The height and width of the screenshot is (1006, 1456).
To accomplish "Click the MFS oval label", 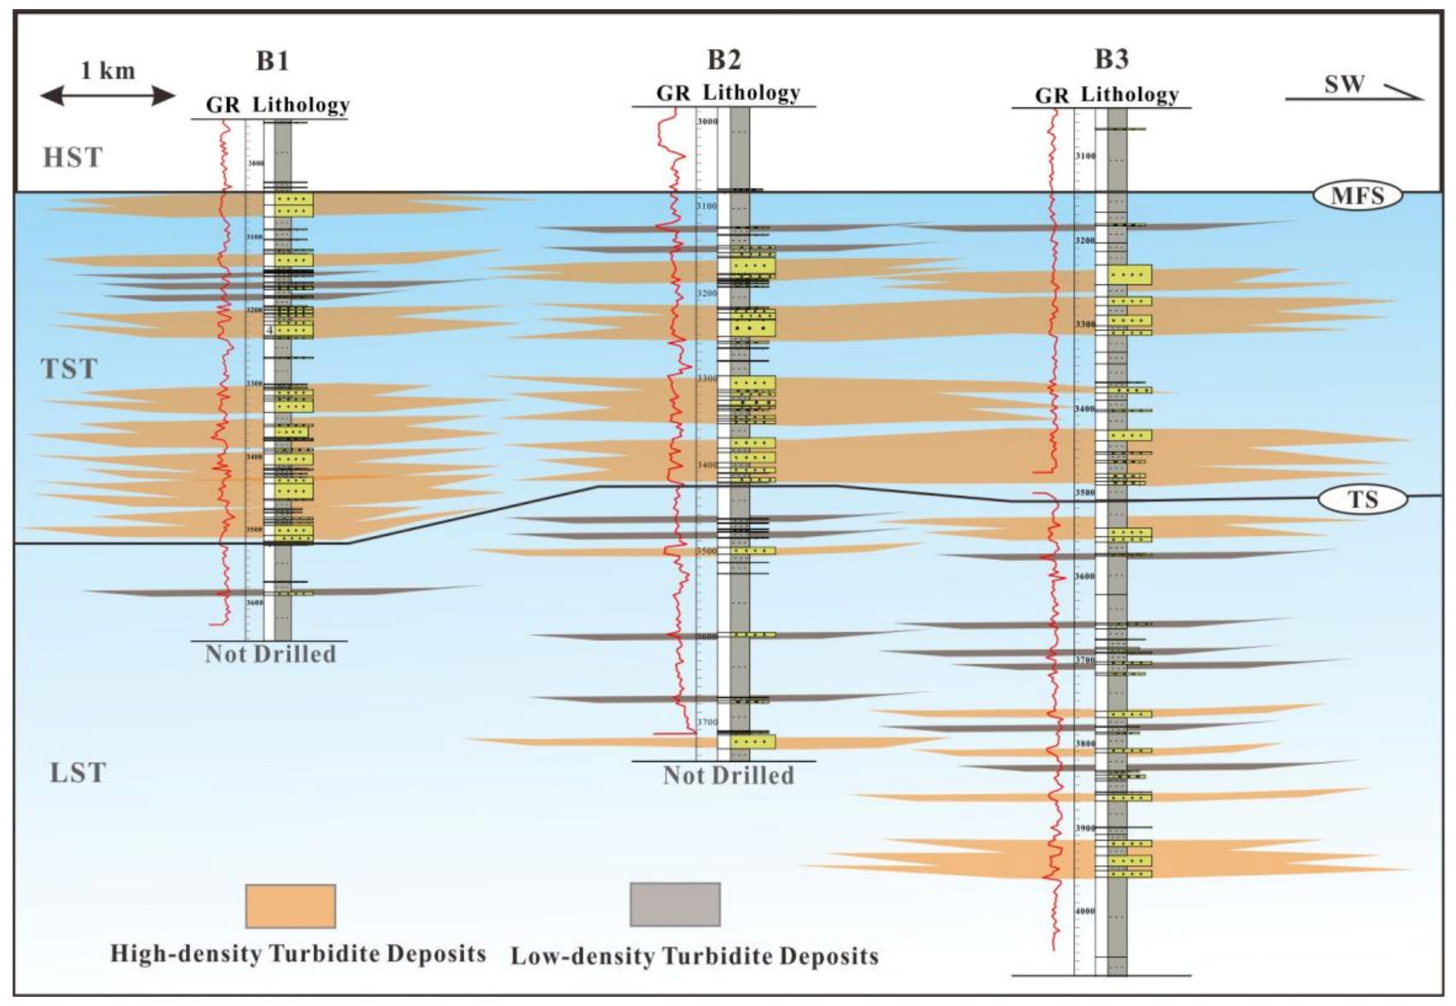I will [1357, 195].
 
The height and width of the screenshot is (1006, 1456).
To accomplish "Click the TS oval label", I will [1362, 499].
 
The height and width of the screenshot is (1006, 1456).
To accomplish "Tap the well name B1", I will [272, 61].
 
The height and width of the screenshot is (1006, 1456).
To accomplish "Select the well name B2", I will [724, 59].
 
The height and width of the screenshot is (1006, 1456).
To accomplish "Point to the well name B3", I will [1111, 59].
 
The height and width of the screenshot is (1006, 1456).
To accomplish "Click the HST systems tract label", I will [73, 157].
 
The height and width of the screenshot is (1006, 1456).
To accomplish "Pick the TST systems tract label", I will [70, 369].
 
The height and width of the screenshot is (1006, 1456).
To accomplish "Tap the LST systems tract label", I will [78, 773].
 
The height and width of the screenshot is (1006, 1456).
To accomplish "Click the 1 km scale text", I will [107, 70].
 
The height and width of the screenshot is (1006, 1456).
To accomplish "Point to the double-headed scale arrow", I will [107, 96].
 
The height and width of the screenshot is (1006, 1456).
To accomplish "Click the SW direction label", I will [1345, 84].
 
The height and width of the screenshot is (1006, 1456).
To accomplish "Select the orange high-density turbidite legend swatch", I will [291, 906].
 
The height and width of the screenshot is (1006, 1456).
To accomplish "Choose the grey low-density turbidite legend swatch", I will [675, 904].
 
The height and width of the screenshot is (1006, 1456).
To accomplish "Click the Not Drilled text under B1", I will [270, 654].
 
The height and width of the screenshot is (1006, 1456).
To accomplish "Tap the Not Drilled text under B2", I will [728, 775].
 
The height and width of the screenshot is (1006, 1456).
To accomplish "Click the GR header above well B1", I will [223, 105].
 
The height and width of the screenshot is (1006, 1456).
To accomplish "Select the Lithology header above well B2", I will [752, 93].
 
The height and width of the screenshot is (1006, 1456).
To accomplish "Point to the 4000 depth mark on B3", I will [1085, 911].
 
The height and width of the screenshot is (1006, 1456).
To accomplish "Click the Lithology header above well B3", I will [1129, 95].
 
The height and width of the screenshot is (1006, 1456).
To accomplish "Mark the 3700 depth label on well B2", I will [707, 723].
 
